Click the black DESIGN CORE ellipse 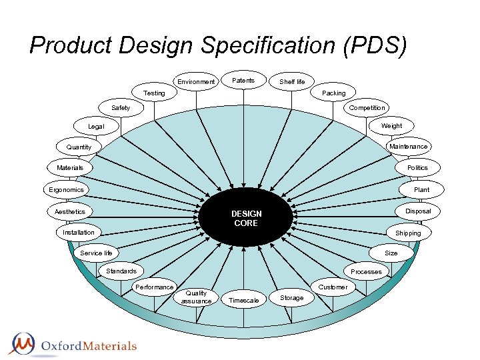246,219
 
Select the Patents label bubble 243,81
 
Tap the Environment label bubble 196,82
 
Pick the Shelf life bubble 292,82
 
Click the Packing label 333,93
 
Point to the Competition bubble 367,108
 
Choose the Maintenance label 408,147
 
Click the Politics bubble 417,168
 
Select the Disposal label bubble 417,211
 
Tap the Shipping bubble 408,233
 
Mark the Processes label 366,271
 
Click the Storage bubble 291,298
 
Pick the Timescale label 243,301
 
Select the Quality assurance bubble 196,297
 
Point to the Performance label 154,287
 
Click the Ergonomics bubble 67,190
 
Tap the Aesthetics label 70,212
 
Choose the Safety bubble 121,108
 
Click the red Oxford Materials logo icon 24,343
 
